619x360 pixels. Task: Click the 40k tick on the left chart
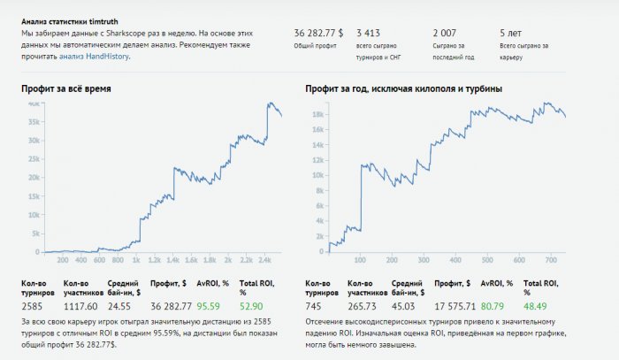click(x=33, y=103)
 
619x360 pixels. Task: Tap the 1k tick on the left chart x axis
click(x=135, y=261)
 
